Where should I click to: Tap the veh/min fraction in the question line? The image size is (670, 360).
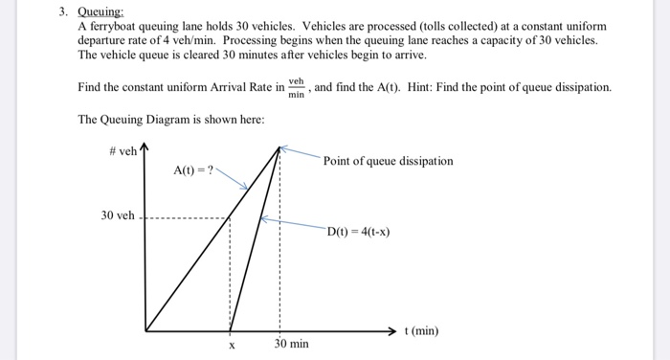[297, 87]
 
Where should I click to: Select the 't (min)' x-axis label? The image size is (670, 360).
[421, 331]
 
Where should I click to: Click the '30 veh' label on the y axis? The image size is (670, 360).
[118, 215]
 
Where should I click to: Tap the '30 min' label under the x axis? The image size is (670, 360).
[291, 343]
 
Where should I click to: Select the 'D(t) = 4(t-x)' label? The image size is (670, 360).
[358, 232]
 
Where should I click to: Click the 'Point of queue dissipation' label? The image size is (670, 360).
[388, 161]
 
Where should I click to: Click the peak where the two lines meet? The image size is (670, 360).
[279, 148]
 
